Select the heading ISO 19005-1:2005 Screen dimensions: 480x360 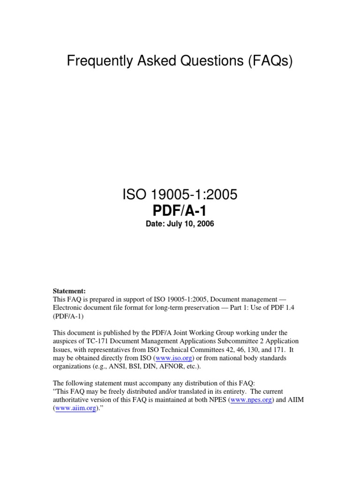[x=180, y=195]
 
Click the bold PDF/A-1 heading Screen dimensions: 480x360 [x=180, y=210]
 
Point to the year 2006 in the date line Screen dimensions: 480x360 [x=205, y=224]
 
